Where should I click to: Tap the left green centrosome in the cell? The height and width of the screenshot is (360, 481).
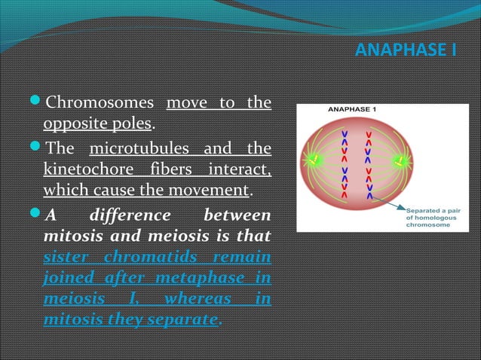point(310,160)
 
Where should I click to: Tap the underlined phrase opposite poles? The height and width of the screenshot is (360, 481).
point(99,122)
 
